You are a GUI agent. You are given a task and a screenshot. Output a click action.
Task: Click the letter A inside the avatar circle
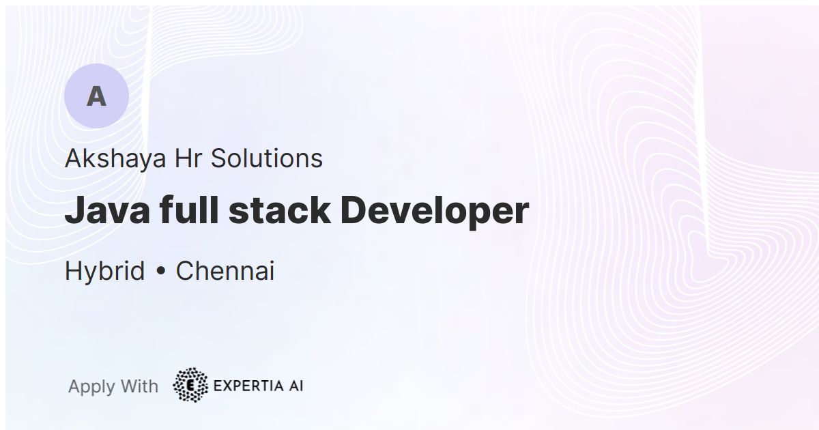pos(96,97)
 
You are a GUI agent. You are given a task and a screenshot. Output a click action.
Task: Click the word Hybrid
pos(104,272)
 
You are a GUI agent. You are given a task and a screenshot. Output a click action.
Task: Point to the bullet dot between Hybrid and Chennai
pos(160,272)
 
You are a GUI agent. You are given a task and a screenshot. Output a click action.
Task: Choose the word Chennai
pos(225,272)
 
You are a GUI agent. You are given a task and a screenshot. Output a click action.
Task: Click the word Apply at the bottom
pos(91,387)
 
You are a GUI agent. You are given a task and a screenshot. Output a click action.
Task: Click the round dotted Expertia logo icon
pos(190,386)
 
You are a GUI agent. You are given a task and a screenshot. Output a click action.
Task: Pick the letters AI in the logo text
pos(295,386)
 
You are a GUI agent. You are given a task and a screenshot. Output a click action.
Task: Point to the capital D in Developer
pos(353,211)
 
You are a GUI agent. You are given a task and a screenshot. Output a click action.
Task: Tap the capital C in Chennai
pos(185,272)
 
